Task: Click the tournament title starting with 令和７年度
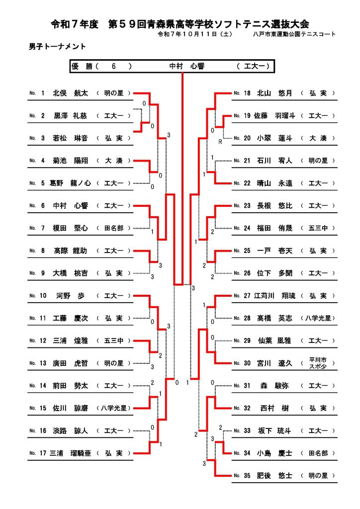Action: click(x=180, y=24)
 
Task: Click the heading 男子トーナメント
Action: click(x=58, y=47)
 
